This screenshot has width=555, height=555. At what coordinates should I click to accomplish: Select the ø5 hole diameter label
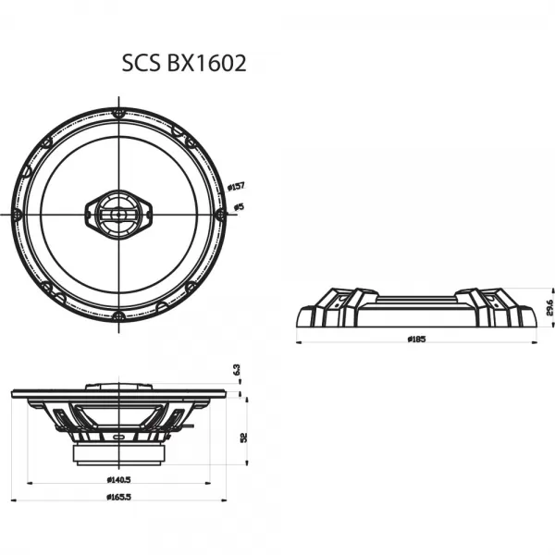(x=238, y=206)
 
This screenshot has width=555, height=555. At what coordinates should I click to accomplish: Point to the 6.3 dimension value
(x=237, y=369)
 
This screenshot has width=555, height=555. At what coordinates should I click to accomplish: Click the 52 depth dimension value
(x=243, y=437)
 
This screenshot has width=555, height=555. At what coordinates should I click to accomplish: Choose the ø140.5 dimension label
(x=119, y=479)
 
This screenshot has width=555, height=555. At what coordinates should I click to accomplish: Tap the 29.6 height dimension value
(x=549, y=307)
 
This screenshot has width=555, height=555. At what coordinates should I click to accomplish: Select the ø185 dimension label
(x=416, y=339)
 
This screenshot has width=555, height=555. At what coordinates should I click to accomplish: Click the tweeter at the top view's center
(x=119, y=214)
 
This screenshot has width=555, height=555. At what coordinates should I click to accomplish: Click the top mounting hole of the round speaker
(x=119, y=112)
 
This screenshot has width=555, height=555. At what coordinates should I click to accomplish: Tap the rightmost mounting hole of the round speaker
(x=220, y=214)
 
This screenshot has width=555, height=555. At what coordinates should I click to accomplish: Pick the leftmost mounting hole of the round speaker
(x=18, y=214)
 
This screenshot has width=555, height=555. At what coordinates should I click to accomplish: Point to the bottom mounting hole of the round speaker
(x=119, y=315)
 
